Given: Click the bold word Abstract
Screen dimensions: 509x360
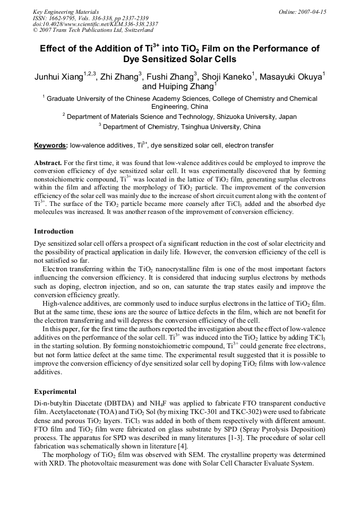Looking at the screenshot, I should coord(48,162).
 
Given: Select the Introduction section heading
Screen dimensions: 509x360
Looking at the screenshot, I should coord(54,231).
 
